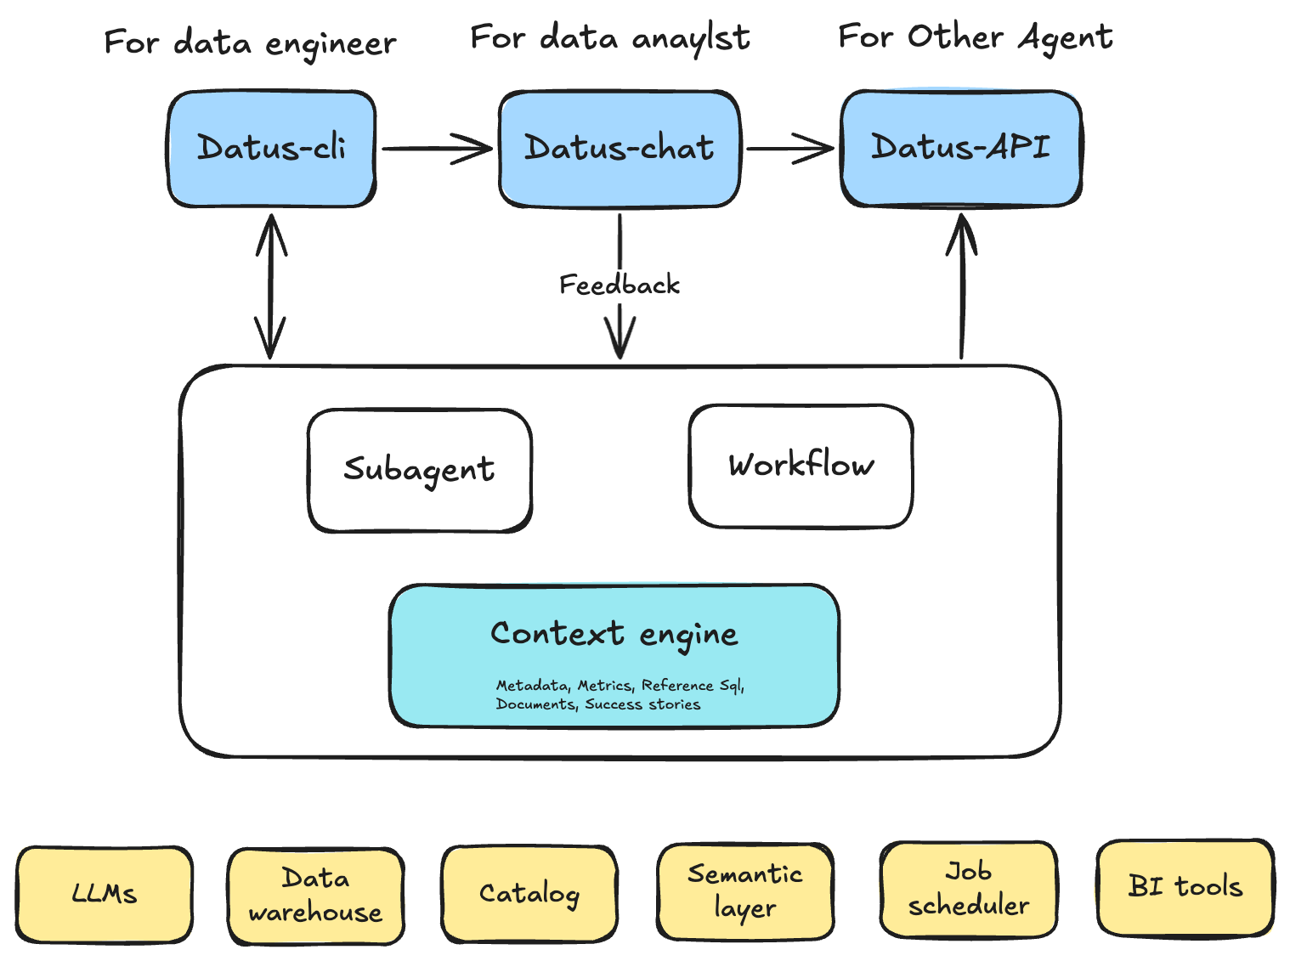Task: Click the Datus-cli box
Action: (272, 149)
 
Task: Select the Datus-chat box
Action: (620, 149)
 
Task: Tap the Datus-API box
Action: (961, 148)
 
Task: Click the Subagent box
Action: (419, 470)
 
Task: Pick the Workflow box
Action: (801, 466)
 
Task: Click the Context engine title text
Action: (614, 634)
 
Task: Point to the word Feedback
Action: (620, 285)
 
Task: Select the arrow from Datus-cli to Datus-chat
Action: (437, 149)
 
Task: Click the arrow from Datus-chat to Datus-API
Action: (789, 149)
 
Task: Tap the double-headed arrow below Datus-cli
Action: (270, 286)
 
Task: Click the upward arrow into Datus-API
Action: (962, 286)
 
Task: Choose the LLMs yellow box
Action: (105, 894)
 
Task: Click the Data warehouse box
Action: (315, 896)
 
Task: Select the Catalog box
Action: (529, 894)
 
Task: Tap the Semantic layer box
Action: (745, 890)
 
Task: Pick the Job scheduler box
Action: (969, 889)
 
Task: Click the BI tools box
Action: (1185, 887)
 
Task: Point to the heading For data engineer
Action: (250, 42)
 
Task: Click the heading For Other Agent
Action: (976, 37)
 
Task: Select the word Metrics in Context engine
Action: (605, 686)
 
